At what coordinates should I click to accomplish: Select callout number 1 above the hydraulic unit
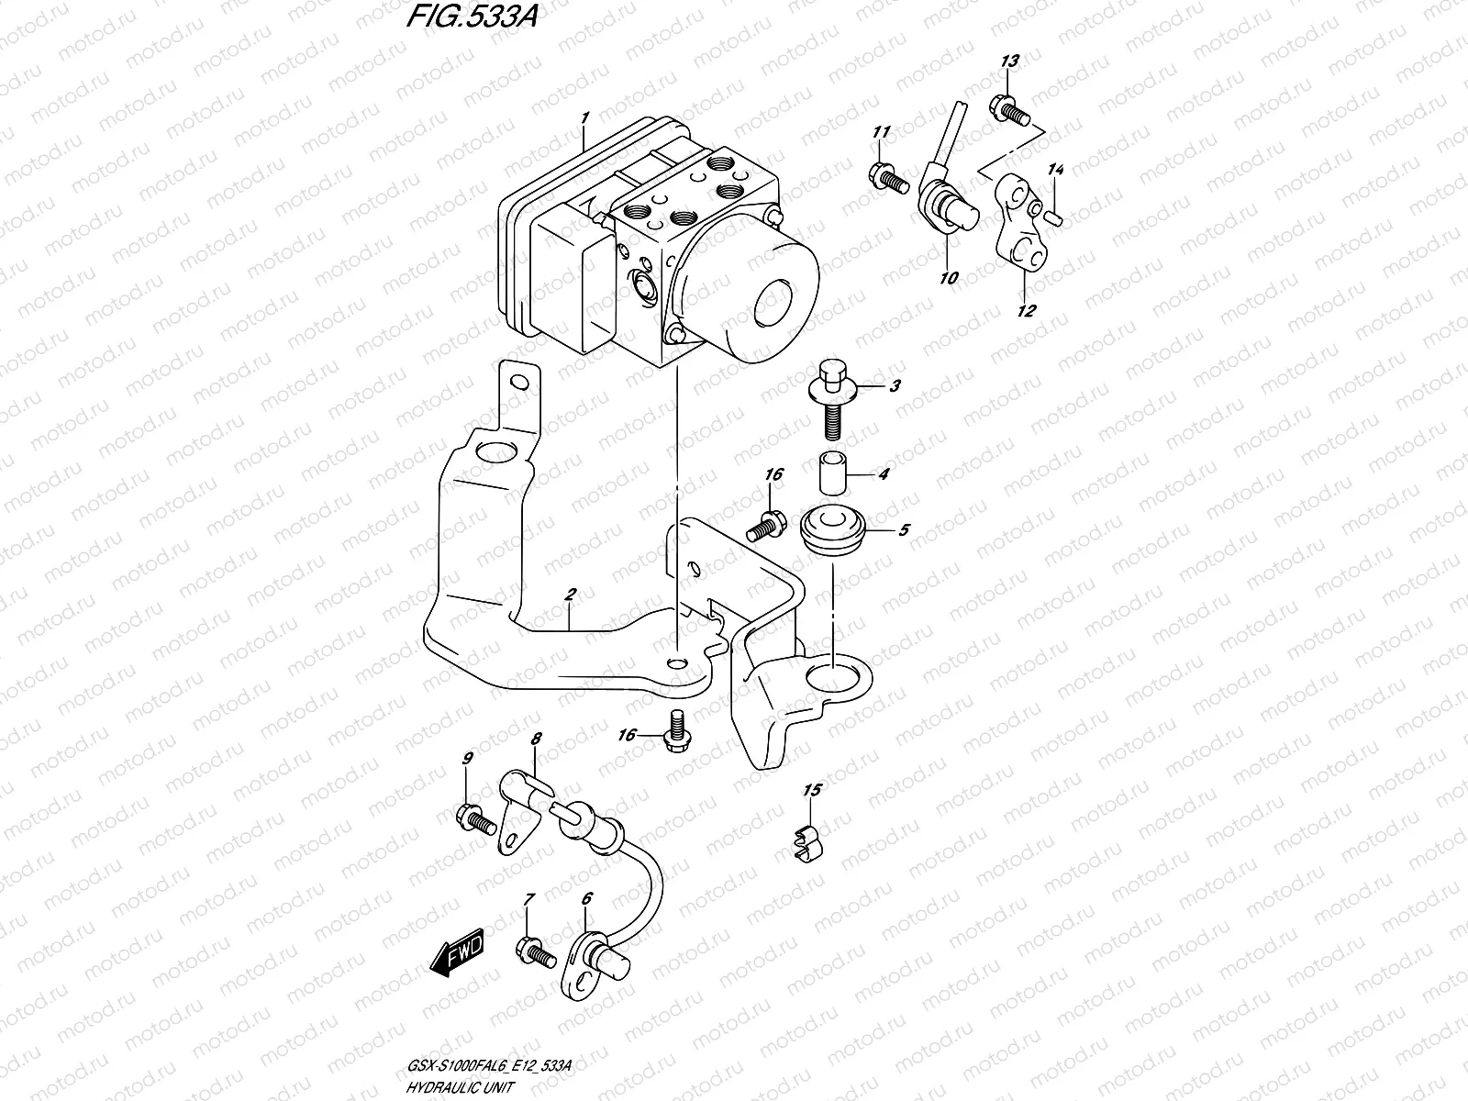[584, 118]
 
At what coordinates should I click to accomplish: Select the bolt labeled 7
[533, 951]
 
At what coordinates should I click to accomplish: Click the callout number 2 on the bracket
[570, 595]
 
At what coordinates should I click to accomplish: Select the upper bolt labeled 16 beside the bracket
[765, 526]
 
